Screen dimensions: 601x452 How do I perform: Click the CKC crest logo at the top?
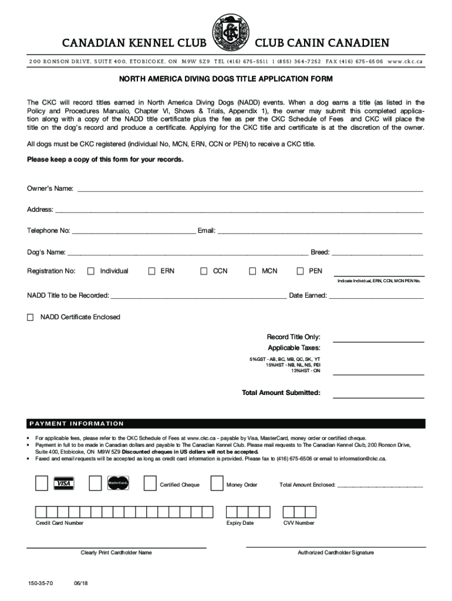coord(230,33)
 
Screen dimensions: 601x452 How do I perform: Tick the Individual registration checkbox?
coord(91,271)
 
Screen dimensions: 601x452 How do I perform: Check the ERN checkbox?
coord(151,271)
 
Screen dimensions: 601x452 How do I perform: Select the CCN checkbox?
coord(204,271)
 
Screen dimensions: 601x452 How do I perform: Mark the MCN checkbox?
coord(253,271)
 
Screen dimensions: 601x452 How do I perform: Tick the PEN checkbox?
coord(300,271)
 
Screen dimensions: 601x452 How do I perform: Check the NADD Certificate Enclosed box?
coord(31,318)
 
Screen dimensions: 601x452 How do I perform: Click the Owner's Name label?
coord(50,188)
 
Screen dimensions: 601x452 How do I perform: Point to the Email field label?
coord(207,231)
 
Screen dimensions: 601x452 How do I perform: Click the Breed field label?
coord(320,253)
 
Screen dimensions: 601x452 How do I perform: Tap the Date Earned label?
coord(308,295)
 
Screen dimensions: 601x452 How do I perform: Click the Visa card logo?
coord(64,484)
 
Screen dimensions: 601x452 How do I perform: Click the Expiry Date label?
coord(240,523)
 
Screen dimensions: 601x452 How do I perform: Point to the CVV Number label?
coord(299,523)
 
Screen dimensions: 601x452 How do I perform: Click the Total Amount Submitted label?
coord(281,393)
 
